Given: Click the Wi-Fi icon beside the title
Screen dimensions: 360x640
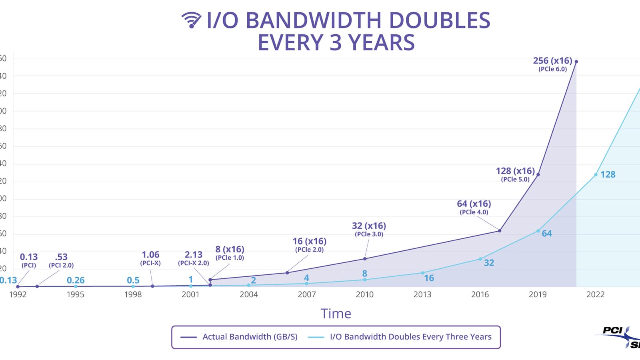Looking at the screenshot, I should (191, 20).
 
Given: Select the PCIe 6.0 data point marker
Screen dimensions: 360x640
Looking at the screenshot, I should (576, 62).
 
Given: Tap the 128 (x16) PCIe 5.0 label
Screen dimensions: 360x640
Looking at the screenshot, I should (515, 174).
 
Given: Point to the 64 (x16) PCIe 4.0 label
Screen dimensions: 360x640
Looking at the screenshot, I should (474, 207).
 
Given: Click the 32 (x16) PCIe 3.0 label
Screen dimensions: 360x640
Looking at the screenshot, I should (369, 229).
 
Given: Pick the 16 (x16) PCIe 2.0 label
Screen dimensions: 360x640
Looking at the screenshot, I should (309, 245).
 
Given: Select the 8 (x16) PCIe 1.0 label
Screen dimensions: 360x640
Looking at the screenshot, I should (230, 253).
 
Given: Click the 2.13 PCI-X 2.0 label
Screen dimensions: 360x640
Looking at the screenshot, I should (194, 258).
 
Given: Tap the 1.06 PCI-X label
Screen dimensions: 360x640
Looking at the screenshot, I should (150, 258).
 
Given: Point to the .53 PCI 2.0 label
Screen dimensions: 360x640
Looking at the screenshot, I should (61, 260).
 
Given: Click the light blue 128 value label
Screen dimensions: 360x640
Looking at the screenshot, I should (608, 174).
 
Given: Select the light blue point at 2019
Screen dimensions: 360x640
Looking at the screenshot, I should (538, 231).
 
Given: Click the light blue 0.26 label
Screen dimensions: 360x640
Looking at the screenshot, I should (76, 280).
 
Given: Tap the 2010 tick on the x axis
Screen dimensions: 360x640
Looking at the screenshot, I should (364, 294).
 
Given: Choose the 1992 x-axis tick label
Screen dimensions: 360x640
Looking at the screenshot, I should (18, 294).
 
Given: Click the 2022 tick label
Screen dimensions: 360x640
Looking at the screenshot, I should (595, 294).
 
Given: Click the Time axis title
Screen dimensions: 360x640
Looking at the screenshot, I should (336, 314).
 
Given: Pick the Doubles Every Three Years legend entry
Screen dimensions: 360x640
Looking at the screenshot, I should (400, 337).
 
